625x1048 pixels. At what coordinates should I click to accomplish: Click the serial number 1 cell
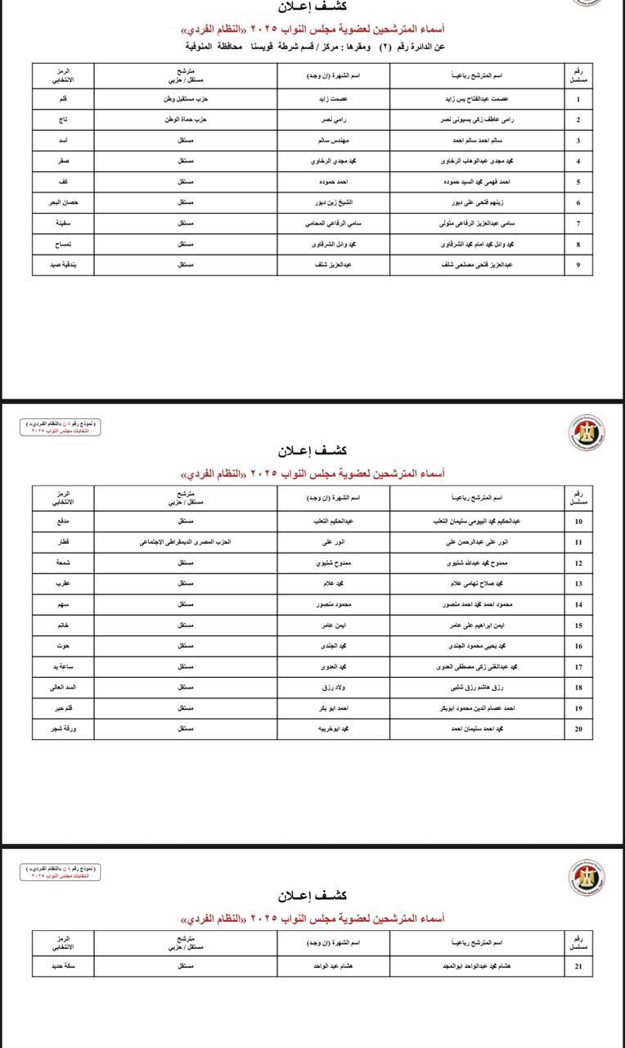tap(578, 99)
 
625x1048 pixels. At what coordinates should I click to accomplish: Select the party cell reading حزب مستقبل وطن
tap(185, 99)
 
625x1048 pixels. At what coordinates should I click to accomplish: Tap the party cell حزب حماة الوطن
tap(185, 120)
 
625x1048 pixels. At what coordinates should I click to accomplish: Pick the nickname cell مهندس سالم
tap(333, 140)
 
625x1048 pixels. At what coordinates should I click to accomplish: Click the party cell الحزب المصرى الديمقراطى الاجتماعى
tap(185, 542)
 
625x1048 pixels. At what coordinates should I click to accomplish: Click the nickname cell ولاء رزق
tap(333, 687)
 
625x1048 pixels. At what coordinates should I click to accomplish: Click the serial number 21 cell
tap(578, 966)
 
